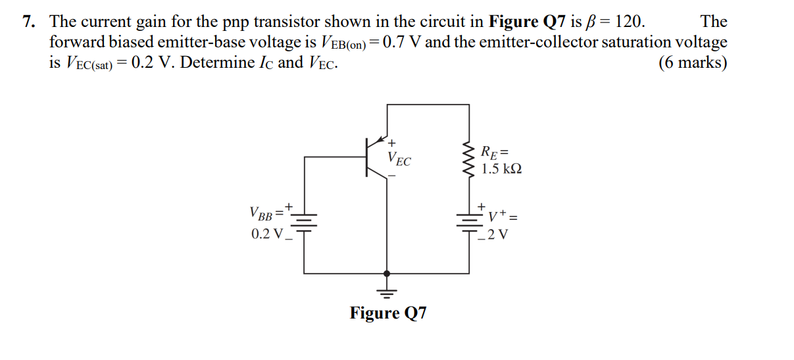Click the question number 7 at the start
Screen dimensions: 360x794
[x=27, y=22]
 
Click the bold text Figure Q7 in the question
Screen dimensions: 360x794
[x=526, y=22]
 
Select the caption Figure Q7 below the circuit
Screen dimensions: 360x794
[x=387, y=313]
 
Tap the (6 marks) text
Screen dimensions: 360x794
[x=693, y=63]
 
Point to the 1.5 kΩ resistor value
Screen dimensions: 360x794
[x=501, y=169]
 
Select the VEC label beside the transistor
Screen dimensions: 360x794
[x=399, y=159]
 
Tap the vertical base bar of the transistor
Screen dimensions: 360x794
[x=366, y=157]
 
